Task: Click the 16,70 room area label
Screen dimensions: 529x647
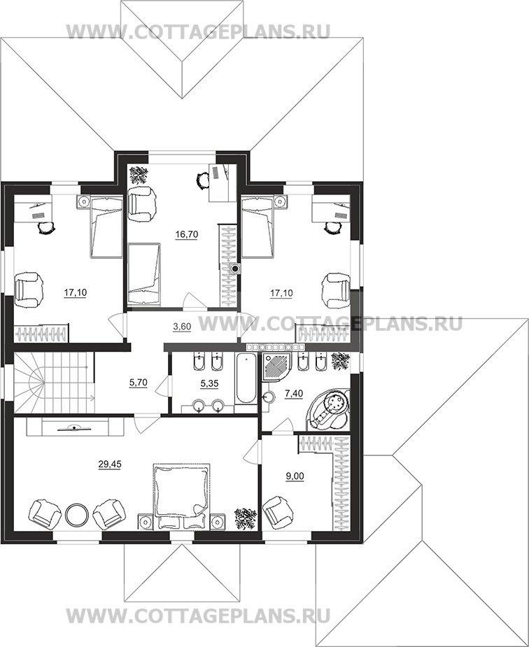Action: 187,234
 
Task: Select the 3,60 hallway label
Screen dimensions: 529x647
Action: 182,327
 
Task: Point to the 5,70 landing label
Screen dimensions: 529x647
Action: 139,383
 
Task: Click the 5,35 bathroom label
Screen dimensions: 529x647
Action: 209,383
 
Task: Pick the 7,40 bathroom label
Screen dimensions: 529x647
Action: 294,394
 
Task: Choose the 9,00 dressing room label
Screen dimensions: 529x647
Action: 295,476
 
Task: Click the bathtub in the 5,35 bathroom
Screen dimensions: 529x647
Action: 246,380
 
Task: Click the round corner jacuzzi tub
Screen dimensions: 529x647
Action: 328,409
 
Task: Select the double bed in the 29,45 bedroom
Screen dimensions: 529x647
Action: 182,496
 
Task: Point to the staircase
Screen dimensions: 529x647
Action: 54,383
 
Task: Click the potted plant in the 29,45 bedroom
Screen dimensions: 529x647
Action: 246,518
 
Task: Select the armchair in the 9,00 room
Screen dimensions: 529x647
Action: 278,513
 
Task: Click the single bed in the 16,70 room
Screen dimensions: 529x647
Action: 143,274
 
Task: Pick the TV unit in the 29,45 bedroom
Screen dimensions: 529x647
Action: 76,427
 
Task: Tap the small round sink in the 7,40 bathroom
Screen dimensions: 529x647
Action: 269,397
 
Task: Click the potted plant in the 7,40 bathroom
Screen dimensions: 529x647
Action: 341,362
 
